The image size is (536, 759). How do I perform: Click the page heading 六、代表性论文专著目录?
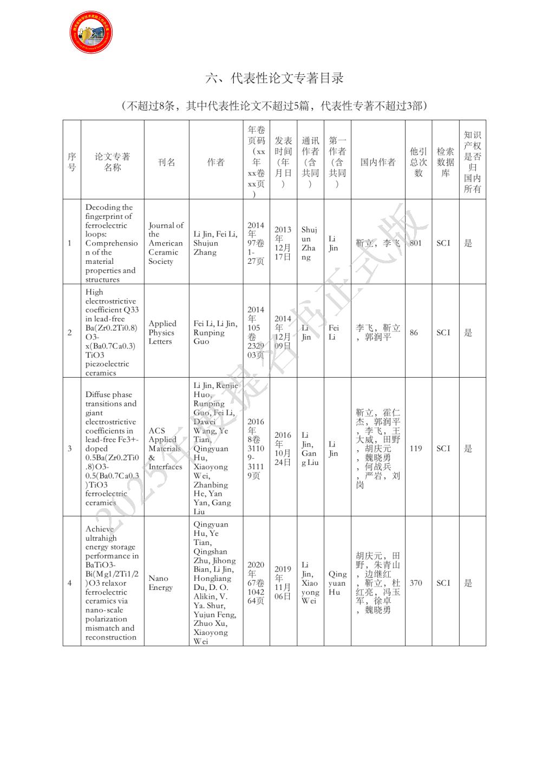[x=274, y=79]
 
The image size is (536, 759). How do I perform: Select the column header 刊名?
[x=166, y=163]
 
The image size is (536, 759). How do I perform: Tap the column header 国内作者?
[x=378, y=163]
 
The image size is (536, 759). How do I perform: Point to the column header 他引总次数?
[x=418, y=163]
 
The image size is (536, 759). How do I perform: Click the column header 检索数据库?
[x=445, y=163]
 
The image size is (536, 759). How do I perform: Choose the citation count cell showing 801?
[x=416, y=243]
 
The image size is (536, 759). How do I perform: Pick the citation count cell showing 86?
[x=414, y=333]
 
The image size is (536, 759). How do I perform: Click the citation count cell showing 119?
[x=416, y=449]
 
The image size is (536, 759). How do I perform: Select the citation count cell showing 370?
[x=416, y=583]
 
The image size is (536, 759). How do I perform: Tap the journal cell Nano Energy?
[x=161, y=583]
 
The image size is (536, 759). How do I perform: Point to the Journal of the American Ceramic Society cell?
[x=166, y=243]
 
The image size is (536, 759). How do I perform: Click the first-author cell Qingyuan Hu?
[x=337, y=583]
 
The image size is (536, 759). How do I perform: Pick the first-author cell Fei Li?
[x=334, y=333]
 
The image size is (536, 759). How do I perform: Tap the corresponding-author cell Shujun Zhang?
[x=309, y=243]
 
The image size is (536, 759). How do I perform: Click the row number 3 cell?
[x=70, y=449]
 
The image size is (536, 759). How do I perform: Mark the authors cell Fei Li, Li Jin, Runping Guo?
[x=215, y=333]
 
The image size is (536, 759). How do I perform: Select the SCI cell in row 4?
[x=443, y=583]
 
